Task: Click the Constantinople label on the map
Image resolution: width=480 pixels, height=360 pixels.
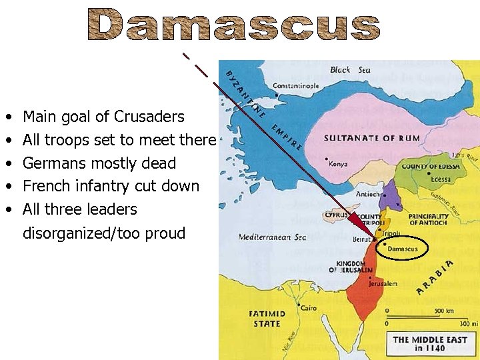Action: click(x=295, y=86)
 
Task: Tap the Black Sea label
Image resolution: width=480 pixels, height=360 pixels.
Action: click(x=349, y=70)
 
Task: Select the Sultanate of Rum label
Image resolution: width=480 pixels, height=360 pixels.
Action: click(x=372, y=138)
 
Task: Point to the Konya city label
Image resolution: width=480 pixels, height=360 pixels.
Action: click(x=338, y=164)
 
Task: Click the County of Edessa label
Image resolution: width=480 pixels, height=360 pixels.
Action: click(x=429, y=166)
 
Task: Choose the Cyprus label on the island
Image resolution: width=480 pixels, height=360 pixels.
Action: click(x=336, y=215)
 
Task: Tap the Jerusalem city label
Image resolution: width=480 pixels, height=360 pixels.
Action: click(x=383, y=283)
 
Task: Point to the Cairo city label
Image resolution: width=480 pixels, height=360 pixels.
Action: click(x=308, y=308)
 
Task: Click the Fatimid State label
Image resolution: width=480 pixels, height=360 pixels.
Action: click(x=267, y=318)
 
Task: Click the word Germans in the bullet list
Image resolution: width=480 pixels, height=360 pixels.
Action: click(x=47, y=163)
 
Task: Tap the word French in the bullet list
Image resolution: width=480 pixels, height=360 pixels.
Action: click(x=43, y=186)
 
